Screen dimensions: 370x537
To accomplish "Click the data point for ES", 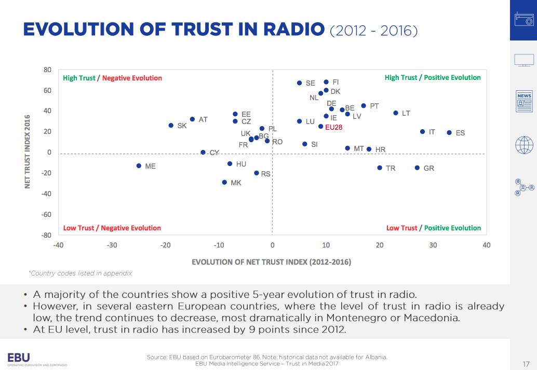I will point(449,132).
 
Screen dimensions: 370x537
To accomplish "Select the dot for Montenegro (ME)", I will point(139,166).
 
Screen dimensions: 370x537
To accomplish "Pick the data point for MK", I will point(224,182).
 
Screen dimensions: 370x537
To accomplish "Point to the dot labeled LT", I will point(396,113).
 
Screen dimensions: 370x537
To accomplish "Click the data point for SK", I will point(171,125).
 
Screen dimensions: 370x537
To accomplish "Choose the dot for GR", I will point(417,168).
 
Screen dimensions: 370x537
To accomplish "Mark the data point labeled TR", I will point(380,168).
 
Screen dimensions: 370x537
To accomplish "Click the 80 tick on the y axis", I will point(47,70).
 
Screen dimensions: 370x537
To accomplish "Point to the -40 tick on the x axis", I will point(58,245).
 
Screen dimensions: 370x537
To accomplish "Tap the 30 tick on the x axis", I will point(433,245).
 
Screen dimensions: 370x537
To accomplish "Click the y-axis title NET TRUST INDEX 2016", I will point(28,152).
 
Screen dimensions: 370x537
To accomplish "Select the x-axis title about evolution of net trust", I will point(271,262).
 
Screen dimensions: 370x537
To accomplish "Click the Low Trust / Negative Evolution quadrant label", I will point(112,228).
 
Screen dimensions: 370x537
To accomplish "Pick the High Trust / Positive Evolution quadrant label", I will point(433,77).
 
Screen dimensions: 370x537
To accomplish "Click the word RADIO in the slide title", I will point(282,29).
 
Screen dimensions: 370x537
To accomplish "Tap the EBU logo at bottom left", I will point(19,357).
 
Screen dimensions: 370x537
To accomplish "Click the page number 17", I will point(526,363).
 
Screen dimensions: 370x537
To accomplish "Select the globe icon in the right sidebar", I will point(524,145).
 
